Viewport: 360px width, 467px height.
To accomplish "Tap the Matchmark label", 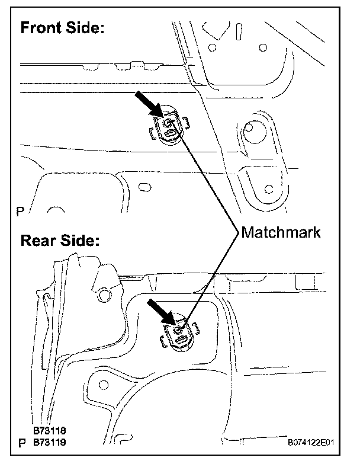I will [x=281, y=232].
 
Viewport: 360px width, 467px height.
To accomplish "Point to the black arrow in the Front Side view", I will [x=149, y=105].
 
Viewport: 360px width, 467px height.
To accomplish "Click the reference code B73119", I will [x=50, y=442].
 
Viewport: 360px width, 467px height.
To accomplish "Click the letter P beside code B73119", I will [x=22, y=443].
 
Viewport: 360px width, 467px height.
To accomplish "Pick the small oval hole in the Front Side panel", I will [x=143, y=188].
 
